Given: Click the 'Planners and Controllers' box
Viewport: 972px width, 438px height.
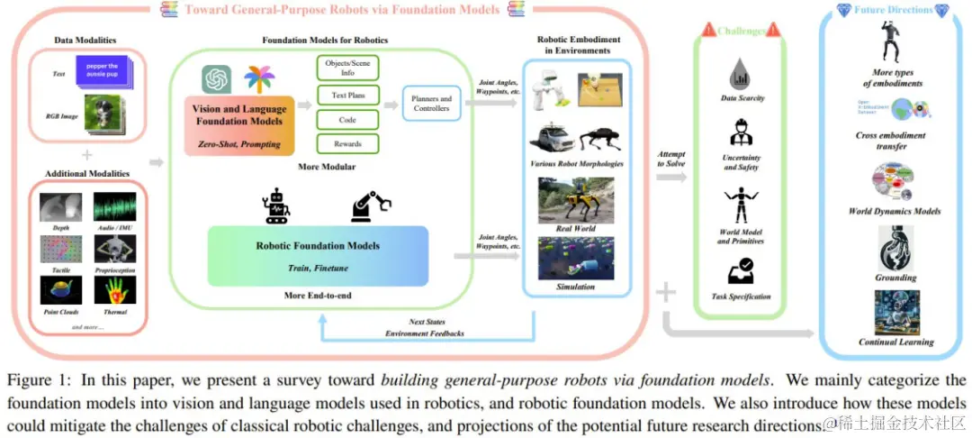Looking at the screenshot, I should tap(431, 104).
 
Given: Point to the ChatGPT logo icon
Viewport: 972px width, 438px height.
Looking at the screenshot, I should tap(217, 79).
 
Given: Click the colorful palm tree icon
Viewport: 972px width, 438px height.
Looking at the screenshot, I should tap(259, 79).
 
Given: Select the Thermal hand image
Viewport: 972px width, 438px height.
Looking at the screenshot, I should tap(109, 289).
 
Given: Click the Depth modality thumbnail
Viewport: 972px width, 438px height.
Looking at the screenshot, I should tap(61, 206).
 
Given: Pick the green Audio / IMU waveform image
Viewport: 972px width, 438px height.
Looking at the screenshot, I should tap(109, 206).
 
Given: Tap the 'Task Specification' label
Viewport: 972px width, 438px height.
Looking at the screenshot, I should tap(741, 296).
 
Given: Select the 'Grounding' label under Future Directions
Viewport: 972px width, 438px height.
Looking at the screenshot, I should tap(895, 278).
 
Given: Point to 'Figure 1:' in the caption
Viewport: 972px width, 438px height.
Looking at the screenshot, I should tap(36, 380).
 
